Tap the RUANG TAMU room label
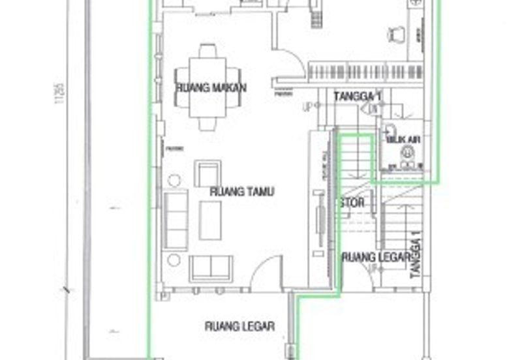pyautogui.click(x=241, y=192)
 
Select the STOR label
pyautogui.click(x=352, y=203)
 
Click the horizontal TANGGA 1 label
pyautogui.click(x=358, y=97)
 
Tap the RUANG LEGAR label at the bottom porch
pyautogui.click(x=239, y=326)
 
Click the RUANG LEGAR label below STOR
pyautogui.click(x=375, y=256)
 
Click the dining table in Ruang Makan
pyautogui.click(x=207, y=87)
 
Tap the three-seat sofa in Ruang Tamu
pyautogui.click(x=176, y=220)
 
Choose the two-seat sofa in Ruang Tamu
pyautogui.click(x=211, y=268)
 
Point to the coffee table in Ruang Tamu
pyautogui.click(x=210, y=220)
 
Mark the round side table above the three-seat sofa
pyautogui.click(x=174, y=181)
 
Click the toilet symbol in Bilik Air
pyautogui.click(x=407, y=152)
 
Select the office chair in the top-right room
pyautogui.click(x=395, y=34)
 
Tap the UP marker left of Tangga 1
pyautogui.click(x=306, y=107)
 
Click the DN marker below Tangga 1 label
pyautogui.click(x=373, y=110)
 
